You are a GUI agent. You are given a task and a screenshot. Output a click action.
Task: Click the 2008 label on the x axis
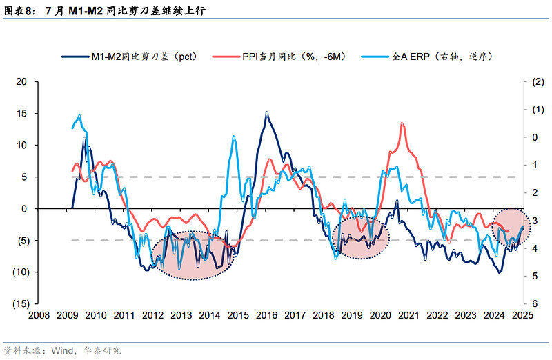click(39, 315)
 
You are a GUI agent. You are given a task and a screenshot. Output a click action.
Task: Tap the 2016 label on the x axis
click(266, 315)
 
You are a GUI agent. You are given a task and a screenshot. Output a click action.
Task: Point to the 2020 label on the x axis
click(380, 315)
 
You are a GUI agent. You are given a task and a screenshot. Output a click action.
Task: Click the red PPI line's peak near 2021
click(402, 123)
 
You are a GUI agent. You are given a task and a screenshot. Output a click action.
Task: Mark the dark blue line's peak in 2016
click(267, 112)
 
